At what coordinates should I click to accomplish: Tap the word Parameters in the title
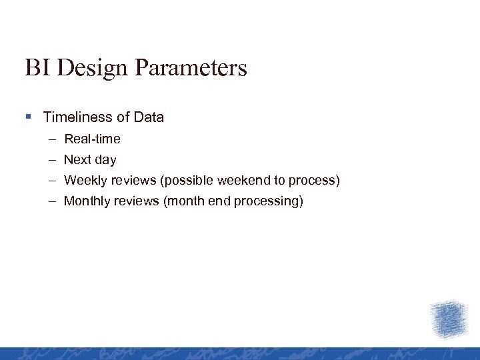click(190, 68)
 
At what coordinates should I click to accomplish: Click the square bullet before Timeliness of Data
click(28, 117)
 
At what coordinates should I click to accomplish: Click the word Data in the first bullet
click(149, 117)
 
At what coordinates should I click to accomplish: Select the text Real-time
click(92, 139)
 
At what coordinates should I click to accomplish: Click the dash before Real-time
click(52, 139)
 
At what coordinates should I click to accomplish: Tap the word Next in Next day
click(77, 160)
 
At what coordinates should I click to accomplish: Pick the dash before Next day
click(52, 160)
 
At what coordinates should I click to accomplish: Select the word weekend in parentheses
click(245, 181)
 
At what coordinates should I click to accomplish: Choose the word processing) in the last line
click(268, 201)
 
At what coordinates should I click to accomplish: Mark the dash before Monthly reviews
click(52, 201)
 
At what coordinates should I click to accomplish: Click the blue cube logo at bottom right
click(449, 319)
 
